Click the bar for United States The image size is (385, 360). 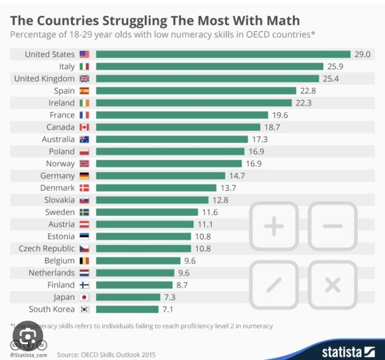[x=223, y=54]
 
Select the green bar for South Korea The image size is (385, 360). [x=127, y=310]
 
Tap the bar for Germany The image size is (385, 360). [x=161, y=176]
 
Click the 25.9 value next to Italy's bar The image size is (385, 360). [x=335, y=66]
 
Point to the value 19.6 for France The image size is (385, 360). [x=280, y=115]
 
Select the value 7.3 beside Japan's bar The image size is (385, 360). [x=170, y=298]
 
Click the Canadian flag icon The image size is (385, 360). [x=84, y=128]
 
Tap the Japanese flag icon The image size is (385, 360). [x=84, y=298]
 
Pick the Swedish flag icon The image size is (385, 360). [x=84, y=213]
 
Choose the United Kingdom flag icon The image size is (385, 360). [x=84, y=78]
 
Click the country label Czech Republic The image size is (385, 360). [x=46, y=248]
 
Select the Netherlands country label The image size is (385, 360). [x=52, y=273]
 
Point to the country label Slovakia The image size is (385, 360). [x=60, y=200]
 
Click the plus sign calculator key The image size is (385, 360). [x=274, y=226]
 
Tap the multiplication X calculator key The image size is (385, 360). [x=333, y=285]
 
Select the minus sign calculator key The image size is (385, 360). [x=333, y=226]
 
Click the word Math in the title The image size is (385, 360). [x=283, y=21]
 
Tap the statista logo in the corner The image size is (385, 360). [x=348, y=352]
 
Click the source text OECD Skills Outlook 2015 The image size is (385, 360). [x=118, y=355]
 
